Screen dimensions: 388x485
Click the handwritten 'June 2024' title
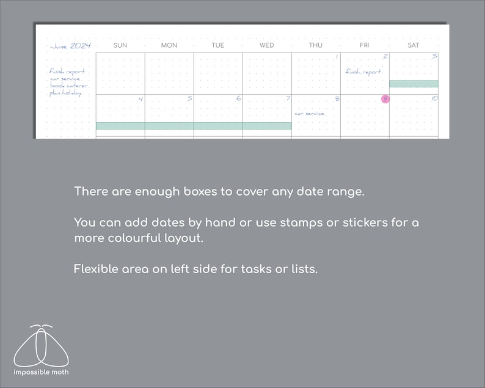(70, 46)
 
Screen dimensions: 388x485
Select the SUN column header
(120, 45)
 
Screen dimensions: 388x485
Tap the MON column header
(169, 45)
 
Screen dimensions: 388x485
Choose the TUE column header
(218, 45)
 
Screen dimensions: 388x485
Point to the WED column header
(267, 45)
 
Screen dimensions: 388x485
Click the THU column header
(316, 45)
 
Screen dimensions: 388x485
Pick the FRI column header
(365, 45)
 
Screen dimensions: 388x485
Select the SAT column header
(414, 45)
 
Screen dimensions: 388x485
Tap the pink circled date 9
(385, 99)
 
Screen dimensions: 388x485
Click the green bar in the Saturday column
(414, 84)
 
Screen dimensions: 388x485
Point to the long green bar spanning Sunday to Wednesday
(193, 126)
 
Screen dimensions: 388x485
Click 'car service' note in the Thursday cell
(309, 114)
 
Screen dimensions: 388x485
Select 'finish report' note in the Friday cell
(363, 71)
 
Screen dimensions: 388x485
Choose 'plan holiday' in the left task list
(65, 93)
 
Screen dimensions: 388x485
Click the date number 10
(434, 98)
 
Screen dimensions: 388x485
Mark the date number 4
(140, 99)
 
